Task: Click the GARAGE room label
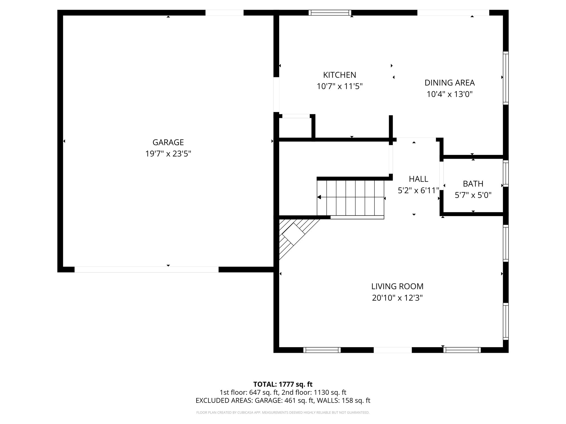tap(168, 142)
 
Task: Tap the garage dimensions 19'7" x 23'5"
tap(168, 154)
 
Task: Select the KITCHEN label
tap(340, 75)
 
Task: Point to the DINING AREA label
tap(449, 83)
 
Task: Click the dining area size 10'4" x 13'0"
tap(449, 94)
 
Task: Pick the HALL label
tap(418, 179)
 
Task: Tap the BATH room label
tap(473, 184)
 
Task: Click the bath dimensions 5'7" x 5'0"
tap(473, 195)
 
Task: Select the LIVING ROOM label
tap(397, 286)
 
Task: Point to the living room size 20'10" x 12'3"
tap(397, 298)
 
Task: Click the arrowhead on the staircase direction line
tap(319, 197)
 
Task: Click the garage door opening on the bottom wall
tap(146, 269)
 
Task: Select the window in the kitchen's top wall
tap(330, 12)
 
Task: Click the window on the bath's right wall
tap(505, 173)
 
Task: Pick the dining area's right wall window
tap(505, 78)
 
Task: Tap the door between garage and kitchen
tap(276, 94)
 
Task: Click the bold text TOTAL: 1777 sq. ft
tap(283, 384)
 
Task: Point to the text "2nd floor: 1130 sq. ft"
tap(314, 392)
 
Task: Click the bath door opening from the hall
tap(441, 176)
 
